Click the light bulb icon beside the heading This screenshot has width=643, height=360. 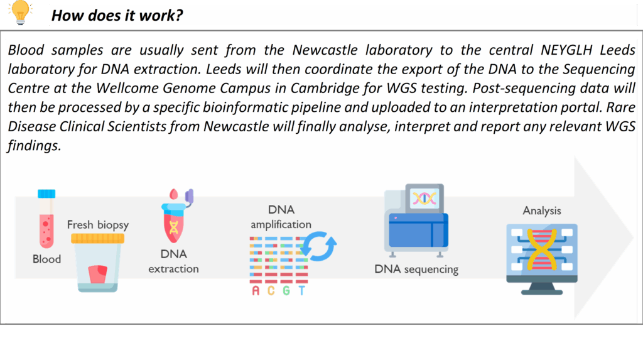click(x=20, y=13)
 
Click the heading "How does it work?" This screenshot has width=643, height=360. click(x=117, y=16)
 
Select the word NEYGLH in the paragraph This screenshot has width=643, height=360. click(x=567, y=50)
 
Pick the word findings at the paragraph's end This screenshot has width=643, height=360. click(x=34, y=146)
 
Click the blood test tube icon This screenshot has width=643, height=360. click(x=46, y=219)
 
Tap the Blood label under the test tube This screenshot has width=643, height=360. click(x=46, y=259)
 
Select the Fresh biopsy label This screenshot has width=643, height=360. click(x=98, y=225)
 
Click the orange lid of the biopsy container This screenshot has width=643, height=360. click(x=97, y=239)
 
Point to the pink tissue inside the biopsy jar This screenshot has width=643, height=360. click(x=98, y=274)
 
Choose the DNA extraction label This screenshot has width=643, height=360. click(x=174, y=261)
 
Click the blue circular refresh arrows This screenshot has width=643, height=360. click(x=318, y=246)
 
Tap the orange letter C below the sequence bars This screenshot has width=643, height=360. click(x=271, y=291)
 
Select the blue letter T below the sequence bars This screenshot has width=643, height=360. click(x=302, y=291)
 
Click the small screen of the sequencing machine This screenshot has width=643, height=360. click(x=424, y=199)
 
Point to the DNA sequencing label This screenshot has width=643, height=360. click(x=417, y=270)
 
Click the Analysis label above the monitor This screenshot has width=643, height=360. click(x=542, y=211)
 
